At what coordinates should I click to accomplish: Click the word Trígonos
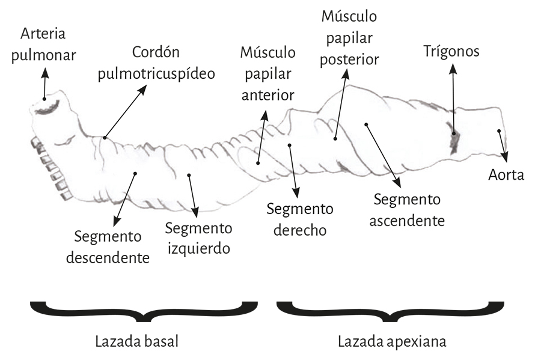[451, 52]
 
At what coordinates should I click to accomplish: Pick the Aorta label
[506, 175]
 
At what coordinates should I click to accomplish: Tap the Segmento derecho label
[300, 219]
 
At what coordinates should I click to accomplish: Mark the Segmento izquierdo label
[198, 238]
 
